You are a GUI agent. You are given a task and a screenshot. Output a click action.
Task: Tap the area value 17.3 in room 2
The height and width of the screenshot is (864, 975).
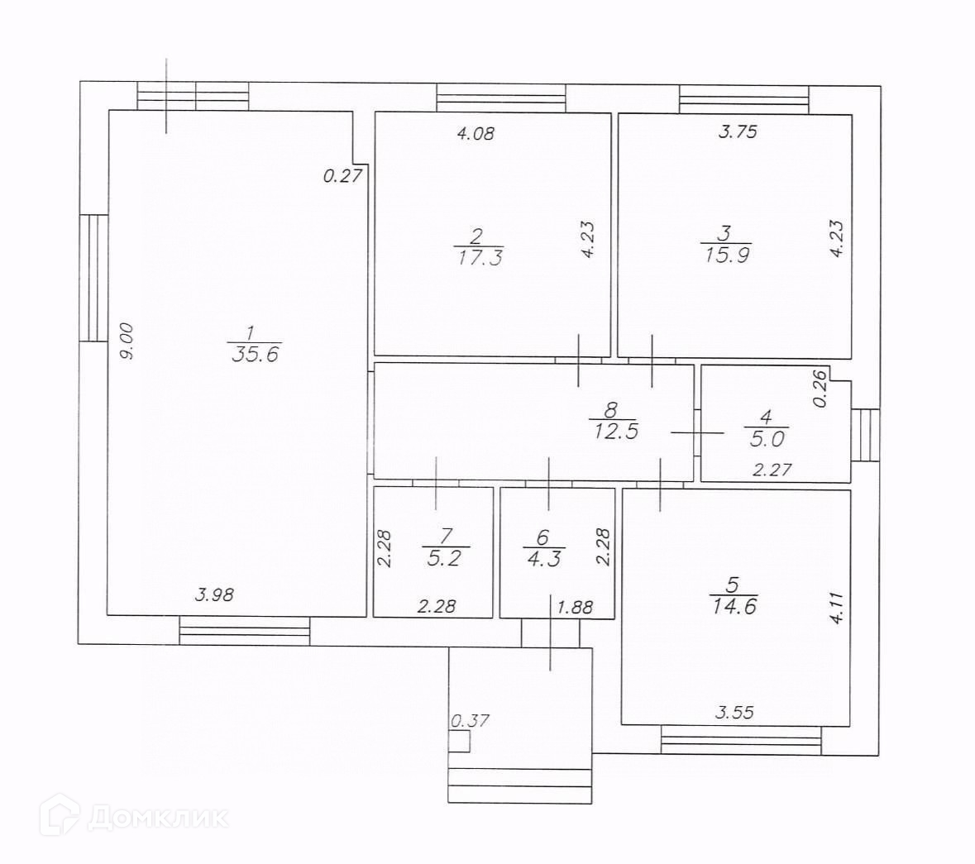(x=479, y=257)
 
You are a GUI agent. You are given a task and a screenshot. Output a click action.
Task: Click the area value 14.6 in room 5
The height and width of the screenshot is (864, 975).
(x=734, y=605)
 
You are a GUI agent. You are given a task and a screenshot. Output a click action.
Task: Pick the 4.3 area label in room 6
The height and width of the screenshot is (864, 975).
(x=542, y=557)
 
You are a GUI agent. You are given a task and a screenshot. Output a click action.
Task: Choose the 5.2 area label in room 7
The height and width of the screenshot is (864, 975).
(x=446, y=557)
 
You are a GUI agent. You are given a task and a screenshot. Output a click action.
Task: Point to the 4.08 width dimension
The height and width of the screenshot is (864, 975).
(x=476, y=132)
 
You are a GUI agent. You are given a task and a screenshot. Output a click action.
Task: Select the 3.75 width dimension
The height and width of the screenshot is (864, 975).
(x=738, y=131)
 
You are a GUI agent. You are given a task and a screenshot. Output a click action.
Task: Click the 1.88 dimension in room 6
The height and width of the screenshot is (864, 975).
(x=575, y=607)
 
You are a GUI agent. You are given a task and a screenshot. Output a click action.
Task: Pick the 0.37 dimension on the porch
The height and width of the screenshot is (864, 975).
(x=470, y=721)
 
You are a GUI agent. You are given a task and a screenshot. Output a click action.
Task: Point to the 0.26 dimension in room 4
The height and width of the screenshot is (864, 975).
(x=820, y=389)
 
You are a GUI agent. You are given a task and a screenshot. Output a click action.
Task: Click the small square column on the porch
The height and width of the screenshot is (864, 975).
(x=459, y=741)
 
